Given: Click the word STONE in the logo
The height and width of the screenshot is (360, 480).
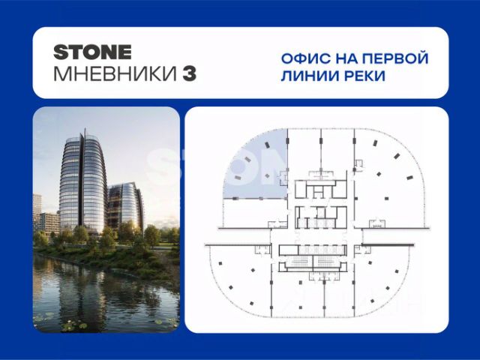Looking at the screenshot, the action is (x=93, y=52).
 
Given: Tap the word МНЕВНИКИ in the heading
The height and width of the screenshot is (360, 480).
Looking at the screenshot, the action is (x=115, y=74).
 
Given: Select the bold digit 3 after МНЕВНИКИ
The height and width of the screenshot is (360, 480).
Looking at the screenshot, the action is (x=190, y=74).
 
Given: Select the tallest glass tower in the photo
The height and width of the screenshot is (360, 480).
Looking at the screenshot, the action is (x=82, y=184).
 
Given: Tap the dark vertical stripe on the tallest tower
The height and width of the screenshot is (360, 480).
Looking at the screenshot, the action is (x=82, y=181).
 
